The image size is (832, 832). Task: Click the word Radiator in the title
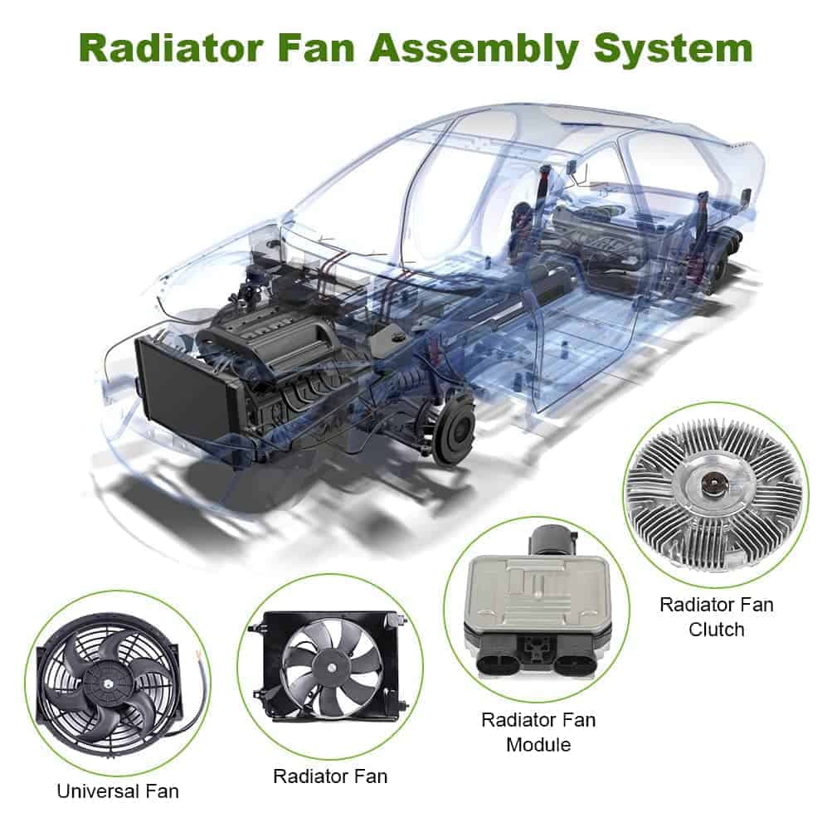coord(171,48)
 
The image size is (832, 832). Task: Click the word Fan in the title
coord(318,49)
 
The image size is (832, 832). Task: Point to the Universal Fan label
coord(118,791)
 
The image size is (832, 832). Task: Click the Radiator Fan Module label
coord(538,732)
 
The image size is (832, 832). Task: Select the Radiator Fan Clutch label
coord(717,616)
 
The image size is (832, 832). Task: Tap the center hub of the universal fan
coord(109,684)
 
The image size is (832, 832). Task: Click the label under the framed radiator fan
coord(330,776)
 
